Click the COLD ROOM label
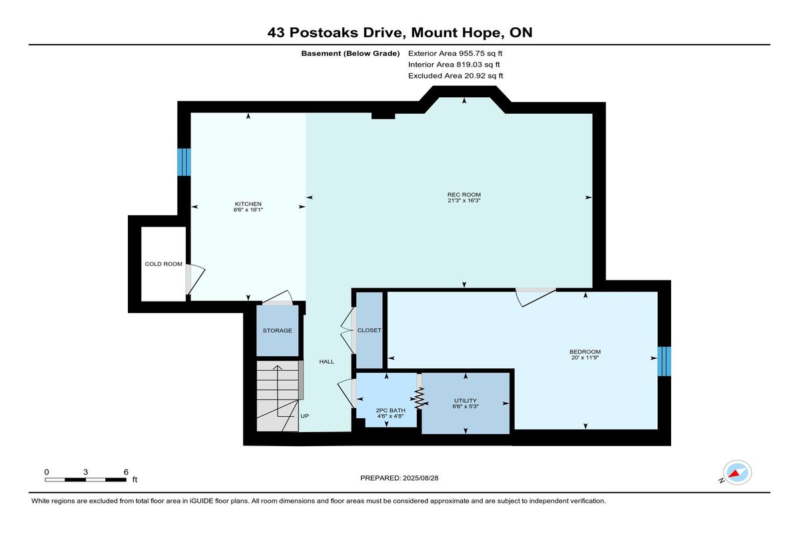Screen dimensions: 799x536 pyautogui.click(x=163, y=264)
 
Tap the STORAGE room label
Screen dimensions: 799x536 pyautogui.click(x=277, y=330)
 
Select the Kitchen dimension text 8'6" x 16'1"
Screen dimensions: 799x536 pyautogui.click(x=248, y=210)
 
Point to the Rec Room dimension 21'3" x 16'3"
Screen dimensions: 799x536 pyautogui.click(x=464, y=200)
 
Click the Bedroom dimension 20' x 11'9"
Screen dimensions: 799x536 pyautogui.click(x=585, y=358)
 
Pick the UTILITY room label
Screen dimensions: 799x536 pyautogui.click(x=465, y=400)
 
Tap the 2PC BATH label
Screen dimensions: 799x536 pyautogui.click(x=390, y=410)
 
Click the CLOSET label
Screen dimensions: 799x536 pyautogui.click(x=369, y=330)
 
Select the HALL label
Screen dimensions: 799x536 pyautogui.click(x=326, y=362)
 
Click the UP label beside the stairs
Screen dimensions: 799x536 pyautogui.click(x=305, y=416)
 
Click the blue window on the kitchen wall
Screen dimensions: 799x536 pyautogui.click(x=184, y=162)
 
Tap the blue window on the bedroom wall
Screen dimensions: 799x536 pyautogui.click(x=665, y=362)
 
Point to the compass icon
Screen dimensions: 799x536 pyautogui.click(x=737, y=473)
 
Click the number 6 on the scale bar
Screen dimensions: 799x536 pyautogui.click(x=126, y=472)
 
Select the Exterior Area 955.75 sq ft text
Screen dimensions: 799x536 pyautogui.click(x=455, y=53)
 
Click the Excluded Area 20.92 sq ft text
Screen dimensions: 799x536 pyautogui.click(x=455, y=76)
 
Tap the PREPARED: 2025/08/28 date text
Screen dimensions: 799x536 pyautogui.click(x=399, y=478)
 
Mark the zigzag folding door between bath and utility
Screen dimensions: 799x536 pyautogui.click(x=419, y=398)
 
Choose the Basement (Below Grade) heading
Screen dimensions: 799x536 pyautogui.click(x=350, y=53)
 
